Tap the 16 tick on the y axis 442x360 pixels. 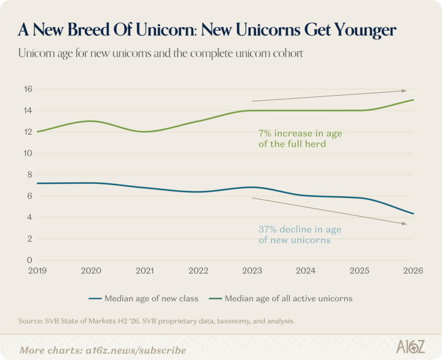pyautogui.click(x=28, y=90)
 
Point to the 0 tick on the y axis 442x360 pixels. pyautogui.click(x=29, y=260)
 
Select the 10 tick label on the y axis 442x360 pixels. pyautogui.click(x=28, y=153)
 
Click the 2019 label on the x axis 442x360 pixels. pyautogui.click(x=37, y=270)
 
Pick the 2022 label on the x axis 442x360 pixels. pyautogui.click(x=198, y=270)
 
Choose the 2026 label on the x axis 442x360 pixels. pyautogui.click(x=413, y=270)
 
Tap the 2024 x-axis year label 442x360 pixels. pyautogui.click(x=306, y=270)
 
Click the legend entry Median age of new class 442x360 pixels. pyautogui.click(x=144, y=298)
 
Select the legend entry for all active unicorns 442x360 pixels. pyautogui.click(x=281, y=298)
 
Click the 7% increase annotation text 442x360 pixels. pyautogui.click(x=300, y=139)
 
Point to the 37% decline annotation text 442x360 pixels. pyautogui.click(x=300, y=235)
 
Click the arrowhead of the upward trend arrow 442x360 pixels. pyautogui.click(x=405, y=91)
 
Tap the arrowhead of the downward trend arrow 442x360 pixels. pyautogui.click(x=405, y=224)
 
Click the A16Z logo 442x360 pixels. pyautogui.click(x=411, y=347)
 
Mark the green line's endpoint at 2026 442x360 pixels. pyautogui.click(x=413, y=100)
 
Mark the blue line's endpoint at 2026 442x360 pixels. pyautogui.click(x=413, y=213)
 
